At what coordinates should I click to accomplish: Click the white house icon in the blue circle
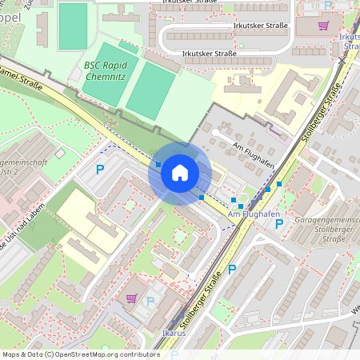180,173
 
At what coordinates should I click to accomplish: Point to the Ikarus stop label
173,333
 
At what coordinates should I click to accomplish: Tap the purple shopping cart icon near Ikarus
131,298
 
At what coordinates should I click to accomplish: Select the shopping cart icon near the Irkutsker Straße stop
323,25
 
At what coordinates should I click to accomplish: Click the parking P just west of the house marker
100,169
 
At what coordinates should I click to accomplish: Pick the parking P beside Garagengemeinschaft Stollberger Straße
279,224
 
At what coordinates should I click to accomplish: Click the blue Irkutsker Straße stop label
349,42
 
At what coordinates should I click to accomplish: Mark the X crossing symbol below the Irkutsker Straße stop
342,60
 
